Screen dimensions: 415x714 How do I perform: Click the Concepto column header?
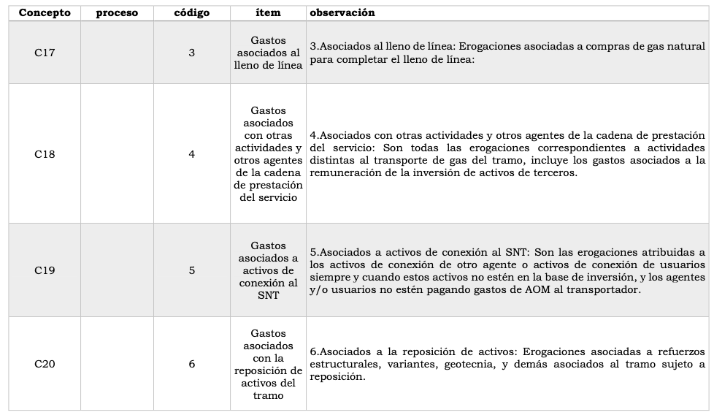[45, 13]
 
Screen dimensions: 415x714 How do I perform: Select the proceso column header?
[117, 13]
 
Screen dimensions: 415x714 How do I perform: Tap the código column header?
[192, 13]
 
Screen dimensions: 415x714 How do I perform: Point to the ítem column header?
[268, 13]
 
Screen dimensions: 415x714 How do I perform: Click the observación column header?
[342, 13]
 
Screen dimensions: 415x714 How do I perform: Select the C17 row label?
[45, 53]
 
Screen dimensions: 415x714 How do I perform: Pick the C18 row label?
[45, 154]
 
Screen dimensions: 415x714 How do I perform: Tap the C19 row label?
[45, 270]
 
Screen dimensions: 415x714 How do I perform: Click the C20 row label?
[45, 364]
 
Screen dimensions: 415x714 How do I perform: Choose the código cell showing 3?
[192, 53]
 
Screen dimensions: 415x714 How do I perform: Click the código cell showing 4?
[192, 154]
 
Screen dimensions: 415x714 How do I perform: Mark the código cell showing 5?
[192, 270]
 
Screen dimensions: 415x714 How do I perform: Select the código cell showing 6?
[192, 364]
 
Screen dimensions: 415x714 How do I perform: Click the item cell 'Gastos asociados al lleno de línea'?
[268, 53]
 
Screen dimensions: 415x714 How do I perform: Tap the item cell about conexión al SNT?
[268, 270]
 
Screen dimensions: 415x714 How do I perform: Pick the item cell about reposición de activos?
[268, 364]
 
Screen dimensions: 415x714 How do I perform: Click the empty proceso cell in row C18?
[117, 154]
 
